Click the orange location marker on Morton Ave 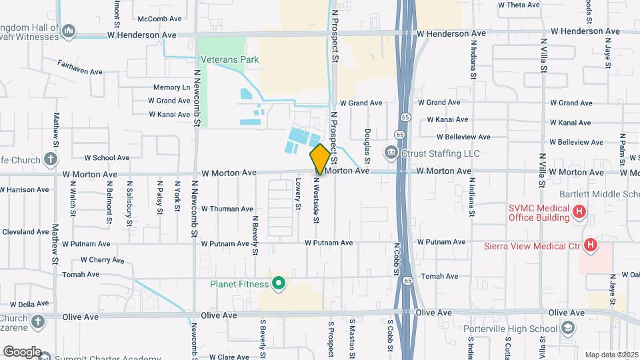click(320, 159)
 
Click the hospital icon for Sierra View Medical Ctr click(589, 245)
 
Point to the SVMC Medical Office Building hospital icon click(580, 213)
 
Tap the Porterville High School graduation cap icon click(567, 329)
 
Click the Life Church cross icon click(50, 159)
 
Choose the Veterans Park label click(228, 60)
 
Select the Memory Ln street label click(171, 87)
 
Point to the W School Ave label click(107, 158)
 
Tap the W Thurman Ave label click(227, 209)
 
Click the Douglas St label click(367, 144)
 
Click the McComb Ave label click(159, 19)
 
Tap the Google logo click(22, 352)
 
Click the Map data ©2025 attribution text click(611, 355)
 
